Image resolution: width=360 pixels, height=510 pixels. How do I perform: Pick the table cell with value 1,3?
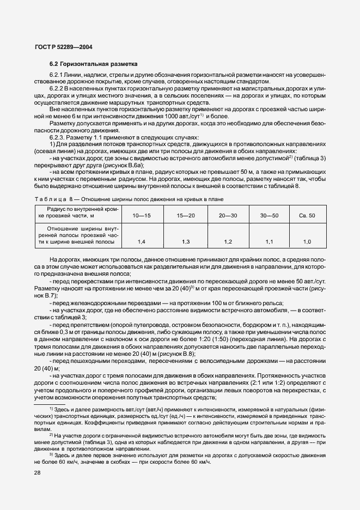pyautogui.click(x=185, y=241)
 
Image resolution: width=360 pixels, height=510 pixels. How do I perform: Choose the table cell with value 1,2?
pyautogui.click(x=228, y=241)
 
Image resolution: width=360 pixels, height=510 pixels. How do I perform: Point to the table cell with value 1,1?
pyautogui.click(x=269, y=241)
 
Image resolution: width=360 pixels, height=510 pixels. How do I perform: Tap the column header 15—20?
pyautogui.click(x=185, y=216)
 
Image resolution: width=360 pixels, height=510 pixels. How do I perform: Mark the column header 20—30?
pyautogui.click(x=228, y=216)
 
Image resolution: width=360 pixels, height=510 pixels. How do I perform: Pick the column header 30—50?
pyautogui.click(x=269, y=216)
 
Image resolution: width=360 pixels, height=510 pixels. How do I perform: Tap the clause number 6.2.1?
pyautogui.click(x=57, y=74)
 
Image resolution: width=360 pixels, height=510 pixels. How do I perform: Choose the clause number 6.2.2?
pyautogui.click(x=57, y=88)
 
